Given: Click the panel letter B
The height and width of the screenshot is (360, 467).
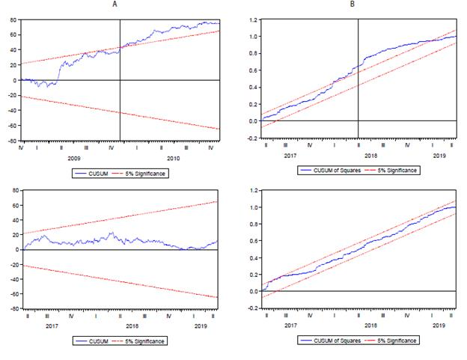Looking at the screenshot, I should tap(352, 4).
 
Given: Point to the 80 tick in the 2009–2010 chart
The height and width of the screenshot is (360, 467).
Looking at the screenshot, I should tap(13, 19).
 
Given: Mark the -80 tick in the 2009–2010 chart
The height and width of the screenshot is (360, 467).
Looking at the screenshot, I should tap(11, 140).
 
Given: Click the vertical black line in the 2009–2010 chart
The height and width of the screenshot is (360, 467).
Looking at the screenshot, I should tap(120, 75).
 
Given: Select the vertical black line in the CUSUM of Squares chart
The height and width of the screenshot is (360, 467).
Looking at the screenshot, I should tap(358, 75).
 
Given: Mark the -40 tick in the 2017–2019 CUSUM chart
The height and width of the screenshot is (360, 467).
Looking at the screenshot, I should tap(11, 279).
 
